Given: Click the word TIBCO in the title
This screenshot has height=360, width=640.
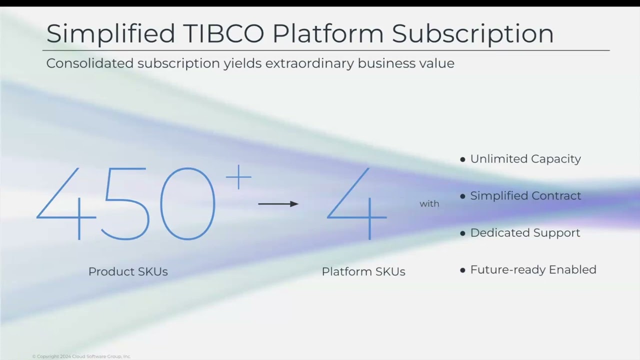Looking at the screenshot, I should point(224,33).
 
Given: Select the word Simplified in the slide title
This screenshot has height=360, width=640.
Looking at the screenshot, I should point(110,33).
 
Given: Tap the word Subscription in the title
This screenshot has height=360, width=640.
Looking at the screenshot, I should point(472,33).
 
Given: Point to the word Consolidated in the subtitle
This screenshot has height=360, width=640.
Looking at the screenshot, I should point(90,63).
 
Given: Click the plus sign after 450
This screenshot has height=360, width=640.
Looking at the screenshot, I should point(238,177).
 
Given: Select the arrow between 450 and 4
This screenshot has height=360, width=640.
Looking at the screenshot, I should point(278,203).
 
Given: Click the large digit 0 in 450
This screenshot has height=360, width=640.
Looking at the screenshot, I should point(187,204).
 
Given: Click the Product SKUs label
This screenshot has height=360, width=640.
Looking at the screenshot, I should point(128,271).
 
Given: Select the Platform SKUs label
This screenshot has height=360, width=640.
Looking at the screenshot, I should point(363,271).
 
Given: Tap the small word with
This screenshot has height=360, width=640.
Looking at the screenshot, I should point(429,203).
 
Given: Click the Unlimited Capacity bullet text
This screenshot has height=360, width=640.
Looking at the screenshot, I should point(525,159).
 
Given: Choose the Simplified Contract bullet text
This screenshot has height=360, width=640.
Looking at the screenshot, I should point(525,196).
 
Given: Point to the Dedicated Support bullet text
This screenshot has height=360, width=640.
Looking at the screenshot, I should point(525,233).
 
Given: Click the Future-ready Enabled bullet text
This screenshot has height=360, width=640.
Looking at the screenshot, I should point(533,270).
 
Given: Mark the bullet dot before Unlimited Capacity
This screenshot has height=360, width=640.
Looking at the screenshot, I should point(462,159).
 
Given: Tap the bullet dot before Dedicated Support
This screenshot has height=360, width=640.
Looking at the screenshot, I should point(462,233).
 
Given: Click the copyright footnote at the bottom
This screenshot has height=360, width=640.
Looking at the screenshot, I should point(81,356).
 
